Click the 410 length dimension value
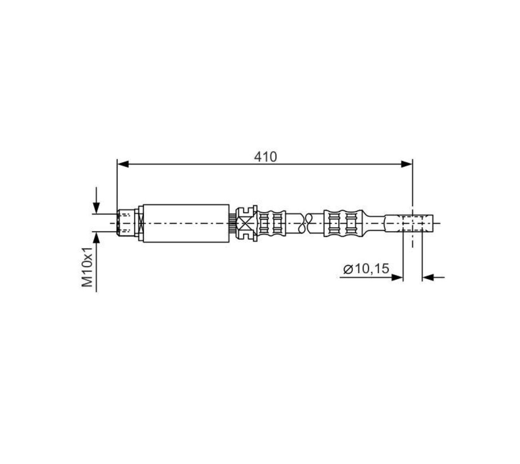[x=265, y=157]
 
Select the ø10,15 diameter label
[x=366, y=269]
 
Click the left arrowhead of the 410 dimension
[x=123, y=164]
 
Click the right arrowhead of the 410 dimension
[x=406, y=164]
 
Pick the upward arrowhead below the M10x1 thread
[x=96, y=238]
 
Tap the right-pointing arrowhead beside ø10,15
[x=397, y=277]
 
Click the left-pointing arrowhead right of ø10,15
[x=428, y=277]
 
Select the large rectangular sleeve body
[x=186, y=223]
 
